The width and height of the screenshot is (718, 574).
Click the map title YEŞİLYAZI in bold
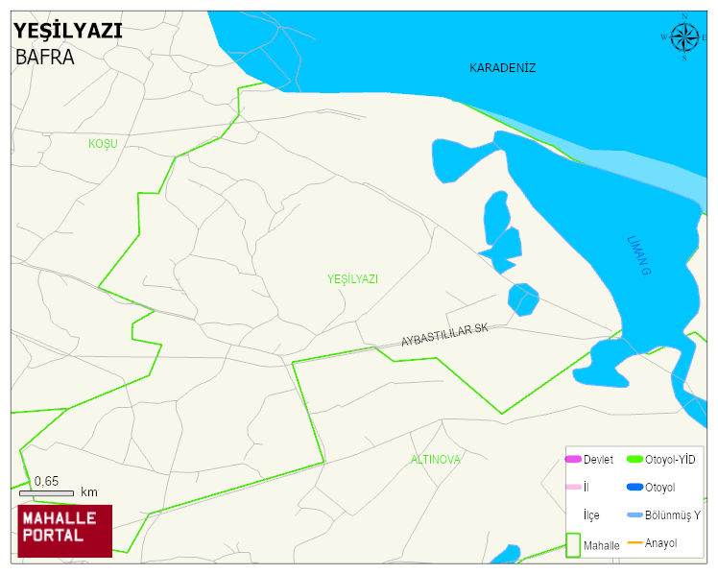click(68, 30)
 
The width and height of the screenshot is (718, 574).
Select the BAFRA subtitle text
click(45, 56)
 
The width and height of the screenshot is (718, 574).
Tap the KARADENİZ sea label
click(502, 68)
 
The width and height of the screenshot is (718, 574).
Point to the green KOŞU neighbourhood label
click(103, 143)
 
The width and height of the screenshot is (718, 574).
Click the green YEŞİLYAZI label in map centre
click(352, 278)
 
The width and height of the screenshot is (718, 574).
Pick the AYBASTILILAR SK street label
click(444, 335)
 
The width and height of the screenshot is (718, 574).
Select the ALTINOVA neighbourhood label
click(436, 460)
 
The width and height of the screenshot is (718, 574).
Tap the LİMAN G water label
click(639, 256)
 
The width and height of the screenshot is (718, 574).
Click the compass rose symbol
click(684, 37)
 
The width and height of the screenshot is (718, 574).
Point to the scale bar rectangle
click(46, 492)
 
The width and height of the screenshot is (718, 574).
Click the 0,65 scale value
click(46, 481)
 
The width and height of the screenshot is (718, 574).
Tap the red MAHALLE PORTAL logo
click(64, 531)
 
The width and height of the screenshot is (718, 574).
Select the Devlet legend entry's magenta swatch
click(573, 459)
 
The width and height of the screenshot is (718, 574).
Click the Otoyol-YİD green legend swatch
click(634, 459)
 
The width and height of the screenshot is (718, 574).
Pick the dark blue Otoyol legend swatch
click(634, 487)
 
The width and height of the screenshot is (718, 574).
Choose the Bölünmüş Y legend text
click(673, 515)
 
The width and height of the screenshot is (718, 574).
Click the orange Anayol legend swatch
click(634, 543)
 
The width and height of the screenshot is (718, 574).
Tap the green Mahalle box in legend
click(573, 544)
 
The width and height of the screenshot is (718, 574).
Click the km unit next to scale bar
click(89, 492)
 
